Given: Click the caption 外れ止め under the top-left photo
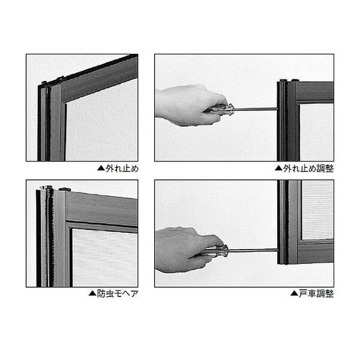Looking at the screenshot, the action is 122,169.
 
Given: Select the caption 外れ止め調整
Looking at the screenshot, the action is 308,169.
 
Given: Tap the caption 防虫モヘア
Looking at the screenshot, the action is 118,293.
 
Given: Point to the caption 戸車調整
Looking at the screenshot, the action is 316,293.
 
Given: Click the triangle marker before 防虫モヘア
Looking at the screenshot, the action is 92,293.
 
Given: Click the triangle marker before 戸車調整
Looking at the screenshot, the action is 294,293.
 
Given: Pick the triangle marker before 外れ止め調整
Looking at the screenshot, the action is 278,168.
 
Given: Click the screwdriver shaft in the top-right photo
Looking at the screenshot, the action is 256,109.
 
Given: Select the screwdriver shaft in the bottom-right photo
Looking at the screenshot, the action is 253,250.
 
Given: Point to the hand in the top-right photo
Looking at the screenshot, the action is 188,104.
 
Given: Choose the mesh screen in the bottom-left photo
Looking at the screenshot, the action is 105,257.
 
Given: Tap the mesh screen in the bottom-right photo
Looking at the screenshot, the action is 318,210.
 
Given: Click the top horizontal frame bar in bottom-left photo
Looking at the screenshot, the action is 101,208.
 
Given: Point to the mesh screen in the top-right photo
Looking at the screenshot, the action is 317,132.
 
